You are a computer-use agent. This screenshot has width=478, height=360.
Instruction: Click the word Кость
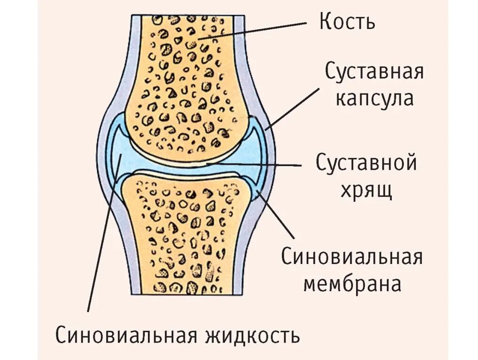[347, 22]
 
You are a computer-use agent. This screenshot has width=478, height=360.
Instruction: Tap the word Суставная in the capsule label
[374, 72]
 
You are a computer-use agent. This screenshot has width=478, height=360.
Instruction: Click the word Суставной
[366, 164]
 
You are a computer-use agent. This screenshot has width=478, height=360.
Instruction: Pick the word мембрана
[352, 284]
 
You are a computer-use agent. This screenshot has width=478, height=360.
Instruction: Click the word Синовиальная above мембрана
[352, 258]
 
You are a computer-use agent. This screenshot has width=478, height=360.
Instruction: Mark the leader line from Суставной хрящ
[254, 165]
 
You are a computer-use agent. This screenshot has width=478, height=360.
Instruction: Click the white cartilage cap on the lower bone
[184, 175]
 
